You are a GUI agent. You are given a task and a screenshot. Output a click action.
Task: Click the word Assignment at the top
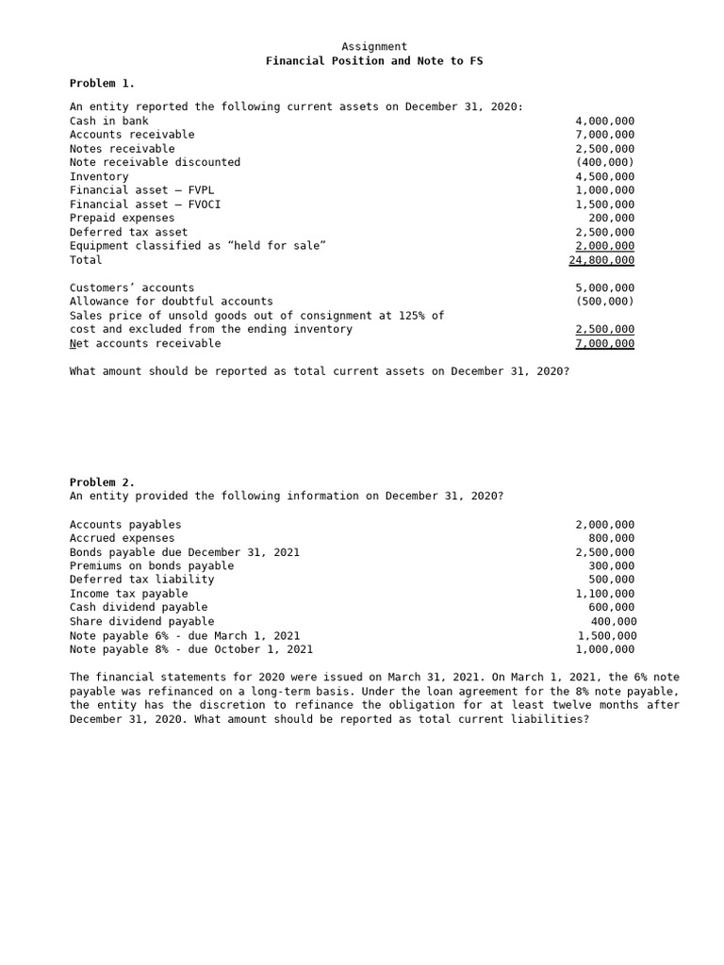point(374,47)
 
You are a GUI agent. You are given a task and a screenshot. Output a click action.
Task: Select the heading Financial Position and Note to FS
point(374,61)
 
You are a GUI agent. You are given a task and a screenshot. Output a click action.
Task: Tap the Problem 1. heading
point(102,84)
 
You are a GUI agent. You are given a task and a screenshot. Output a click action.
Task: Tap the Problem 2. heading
point(102,482)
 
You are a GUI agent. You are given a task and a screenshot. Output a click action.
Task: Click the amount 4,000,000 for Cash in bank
point(604,122)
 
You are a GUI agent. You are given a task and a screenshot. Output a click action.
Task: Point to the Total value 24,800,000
point(601,260)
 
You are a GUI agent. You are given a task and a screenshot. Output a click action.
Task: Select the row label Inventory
point(99,177)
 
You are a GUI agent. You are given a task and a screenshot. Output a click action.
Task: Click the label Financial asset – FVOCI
point(145,204)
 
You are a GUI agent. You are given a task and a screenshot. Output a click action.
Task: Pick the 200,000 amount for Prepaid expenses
point(611,219)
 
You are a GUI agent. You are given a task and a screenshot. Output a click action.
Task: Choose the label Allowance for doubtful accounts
point(171,302)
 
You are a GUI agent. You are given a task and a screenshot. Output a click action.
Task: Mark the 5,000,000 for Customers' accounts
point(604,288)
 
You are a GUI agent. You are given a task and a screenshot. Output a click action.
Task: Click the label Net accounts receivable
point(145,344)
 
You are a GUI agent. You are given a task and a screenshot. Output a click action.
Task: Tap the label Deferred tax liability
point(141,580)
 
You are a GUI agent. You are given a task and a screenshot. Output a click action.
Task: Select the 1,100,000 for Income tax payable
point(604,594)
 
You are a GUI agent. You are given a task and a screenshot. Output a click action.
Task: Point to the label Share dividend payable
point(141,622)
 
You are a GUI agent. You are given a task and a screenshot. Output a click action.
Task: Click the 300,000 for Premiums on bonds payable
point(611,566)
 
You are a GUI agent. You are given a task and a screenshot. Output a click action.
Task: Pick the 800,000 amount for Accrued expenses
point(611,539)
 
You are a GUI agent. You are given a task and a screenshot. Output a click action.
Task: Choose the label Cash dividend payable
point(139,608)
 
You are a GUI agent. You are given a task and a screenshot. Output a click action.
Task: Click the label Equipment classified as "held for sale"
point(198,246)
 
